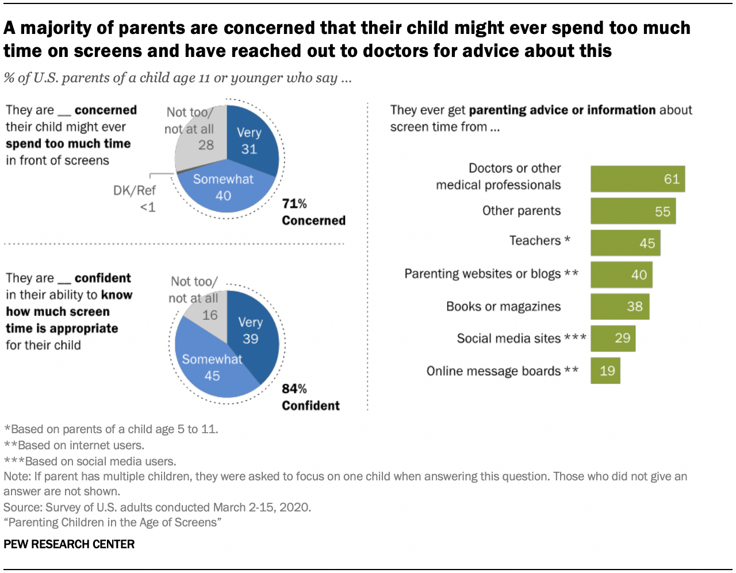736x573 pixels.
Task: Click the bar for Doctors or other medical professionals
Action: pos(637,179)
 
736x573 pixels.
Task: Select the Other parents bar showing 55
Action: pos(632,211)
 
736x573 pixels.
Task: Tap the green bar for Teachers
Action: pos(625,243)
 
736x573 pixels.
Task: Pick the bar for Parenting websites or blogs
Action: pos(621,274)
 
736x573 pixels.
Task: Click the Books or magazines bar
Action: pos(620,306)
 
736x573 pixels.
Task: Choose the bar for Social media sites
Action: pos(612,338)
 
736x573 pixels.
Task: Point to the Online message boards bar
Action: pos(605,370)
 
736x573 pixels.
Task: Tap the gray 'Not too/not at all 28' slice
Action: pos(198,144)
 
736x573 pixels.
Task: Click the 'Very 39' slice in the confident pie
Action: pos(253,334)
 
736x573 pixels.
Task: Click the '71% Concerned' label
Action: pos(313,212)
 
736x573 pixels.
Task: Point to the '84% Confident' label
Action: pos(310,398)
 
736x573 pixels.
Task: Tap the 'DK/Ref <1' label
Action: pos(135,198)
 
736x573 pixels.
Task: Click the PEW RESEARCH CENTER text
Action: pos(69,544)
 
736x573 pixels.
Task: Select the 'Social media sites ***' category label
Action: pos(521,338)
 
